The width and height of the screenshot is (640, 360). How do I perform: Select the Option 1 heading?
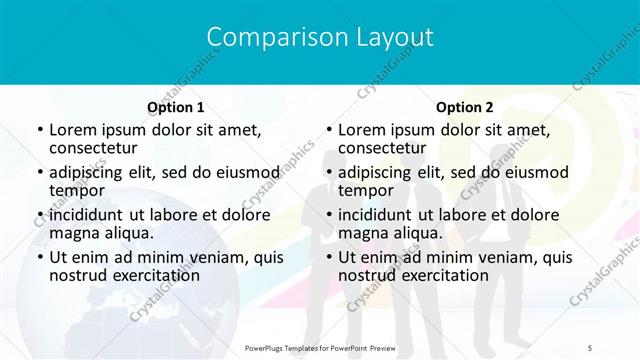tap(176, 107)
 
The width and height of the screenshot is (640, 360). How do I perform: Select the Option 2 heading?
tap(465, 107)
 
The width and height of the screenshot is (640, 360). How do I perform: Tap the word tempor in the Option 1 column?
tap(77, 191)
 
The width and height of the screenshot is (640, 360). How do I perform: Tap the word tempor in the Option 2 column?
tap(366, 191)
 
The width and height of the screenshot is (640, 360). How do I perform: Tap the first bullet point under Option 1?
tap(39, 131)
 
